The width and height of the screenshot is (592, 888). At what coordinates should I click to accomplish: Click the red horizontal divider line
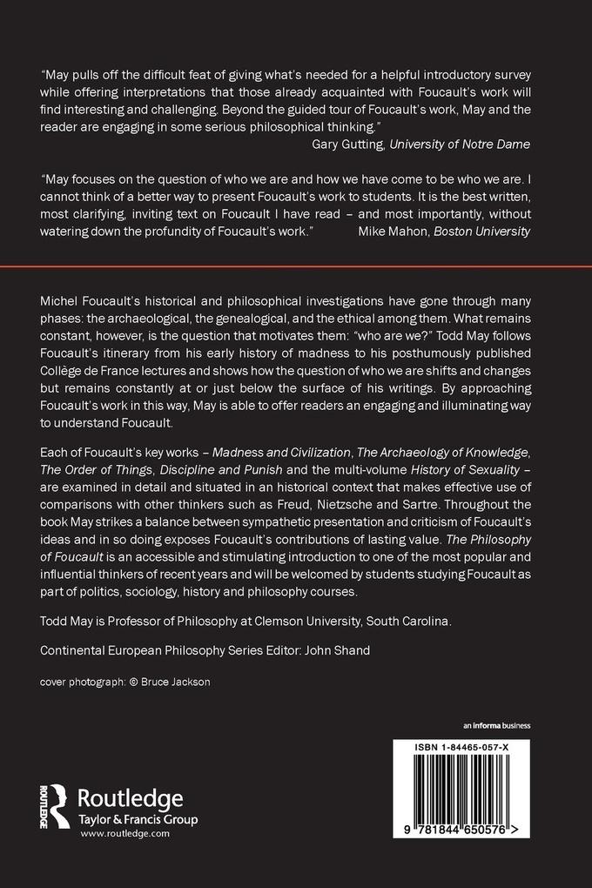tap(296, 266)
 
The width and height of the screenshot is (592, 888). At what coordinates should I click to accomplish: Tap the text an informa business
tap(496, 725)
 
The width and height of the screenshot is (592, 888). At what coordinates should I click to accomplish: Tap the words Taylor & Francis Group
tap(138, 818)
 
